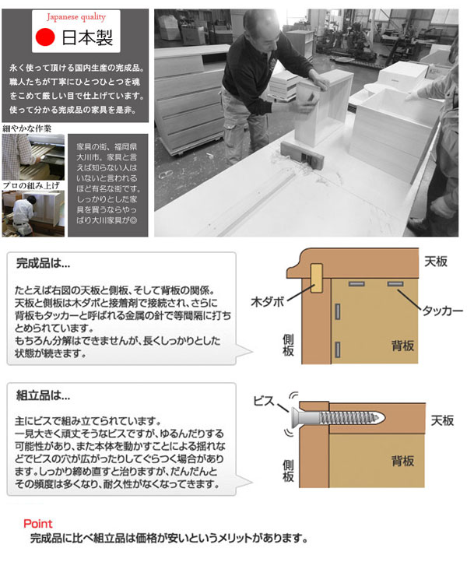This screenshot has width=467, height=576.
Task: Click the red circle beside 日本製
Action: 45,37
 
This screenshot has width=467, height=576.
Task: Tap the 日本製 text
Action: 87,37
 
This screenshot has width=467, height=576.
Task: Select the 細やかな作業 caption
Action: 27,128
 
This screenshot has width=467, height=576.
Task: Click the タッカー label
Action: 442,311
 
